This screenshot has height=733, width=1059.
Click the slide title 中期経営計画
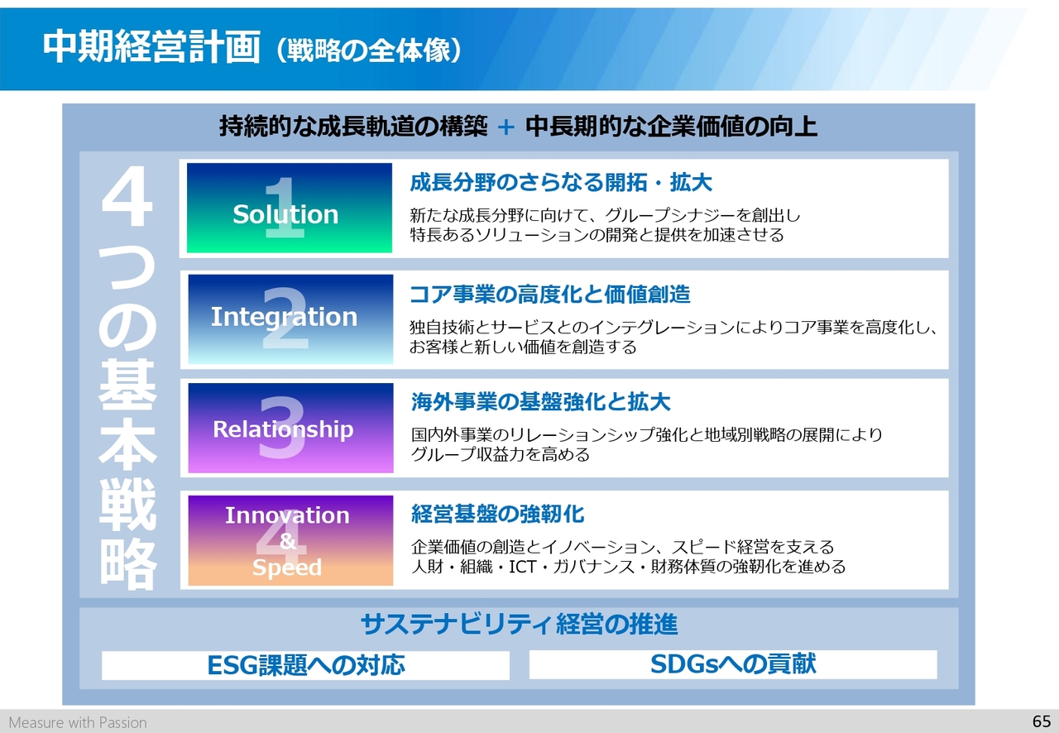tap(151, 47)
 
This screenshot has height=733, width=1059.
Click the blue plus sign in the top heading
tap(506, 127)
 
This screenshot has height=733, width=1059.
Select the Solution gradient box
tap(290, 208)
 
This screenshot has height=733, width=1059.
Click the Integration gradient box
tap(290, 319)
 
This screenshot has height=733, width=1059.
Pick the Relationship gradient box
tap(290, 428)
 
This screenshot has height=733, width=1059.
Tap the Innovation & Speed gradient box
tap(290, 540)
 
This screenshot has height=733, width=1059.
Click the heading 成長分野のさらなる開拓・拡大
tap(561, 183)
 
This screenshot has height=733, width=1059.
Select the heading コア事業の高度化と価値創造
tap(550, 295)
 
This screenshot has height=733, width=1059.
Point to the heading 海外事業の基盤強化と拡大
tap(540, 402)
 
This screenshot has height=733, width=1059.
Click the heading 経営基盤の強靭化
tap(498, 514)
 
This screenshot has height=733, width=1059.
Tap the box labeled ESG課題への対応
tap(305, 665)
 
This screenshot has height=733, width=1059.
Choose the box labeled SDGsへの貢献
tap(733, 664)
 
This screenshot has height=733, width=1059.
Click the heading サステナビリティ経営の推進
tap(519, 625)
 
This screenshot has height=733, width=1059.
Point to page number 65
tap(1042, 721)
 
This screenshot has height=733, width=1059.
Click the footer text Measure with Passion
tap(78, 722)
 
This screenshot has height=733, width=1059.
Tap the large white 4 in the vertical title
tap(127, 195)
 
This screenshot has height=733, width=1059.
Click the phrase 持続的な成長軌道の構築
tap(353, 127)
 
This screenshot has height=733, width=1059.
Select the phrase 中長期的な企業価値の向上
tap(671, 127)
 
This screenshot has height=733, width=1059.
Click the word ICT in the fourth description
tap(522, 567)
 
